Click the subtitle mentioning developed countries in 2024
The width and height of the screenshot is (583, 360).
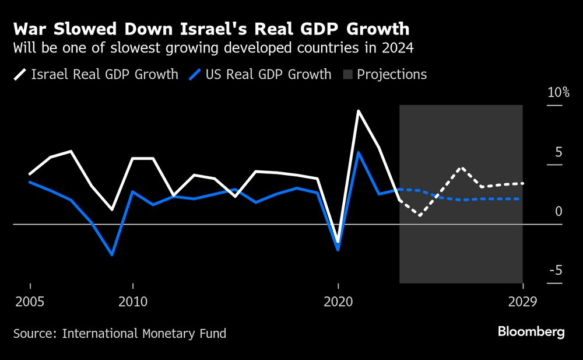(213, 48)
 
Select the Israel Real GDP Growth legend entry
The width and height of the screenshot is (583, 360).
(97, 75)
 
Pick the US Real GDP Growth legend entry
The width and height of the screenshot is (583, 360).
(261, 75)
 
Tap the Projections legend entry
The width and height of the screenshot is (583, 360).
(385, 75)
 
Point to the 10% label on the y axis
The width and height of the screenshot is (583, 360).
(558, 93)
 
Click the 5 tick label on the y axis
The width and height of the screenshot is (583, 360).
(559, 152)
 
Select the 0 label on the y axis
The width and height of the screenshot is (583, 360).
(559, 211)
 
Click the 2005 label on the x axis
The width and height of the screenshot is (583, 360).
(30, 302)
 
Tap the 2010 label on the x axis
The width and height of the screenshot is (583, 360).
(133, 302)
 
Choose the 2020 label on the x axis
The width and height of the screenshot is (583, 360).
(338, 302)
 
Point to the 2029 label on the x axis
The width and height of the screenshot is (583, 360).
(523, 302)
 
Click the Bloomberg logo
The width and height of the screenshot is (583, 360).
(531, 332)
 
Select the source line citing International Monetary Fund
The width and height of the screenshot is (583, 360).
(120, 334)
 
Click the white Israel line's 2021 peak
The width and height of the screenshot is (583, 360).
(359, 111)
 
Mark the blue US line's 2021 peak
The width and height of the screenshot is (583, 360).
(359, 152)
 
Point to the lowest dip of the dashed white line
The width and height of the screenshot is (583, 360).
(420, 216)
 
